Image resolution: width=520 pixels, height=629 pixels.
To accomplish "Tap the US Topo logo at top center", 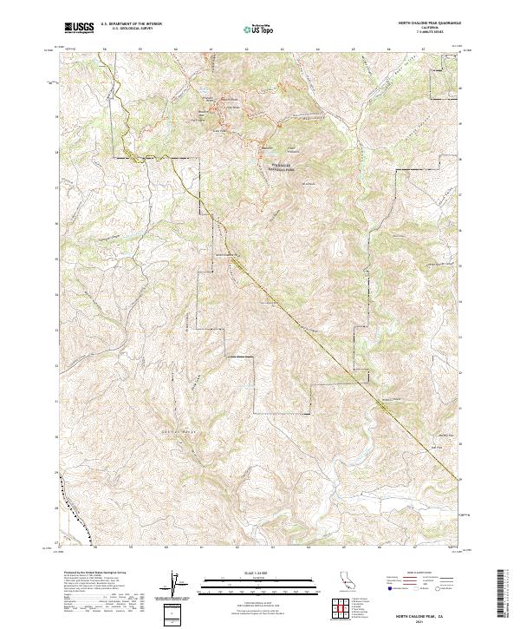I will pos(259,29).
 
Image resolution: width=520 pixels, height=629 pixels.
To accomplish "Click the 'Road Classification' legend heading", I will pos(417,574).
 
